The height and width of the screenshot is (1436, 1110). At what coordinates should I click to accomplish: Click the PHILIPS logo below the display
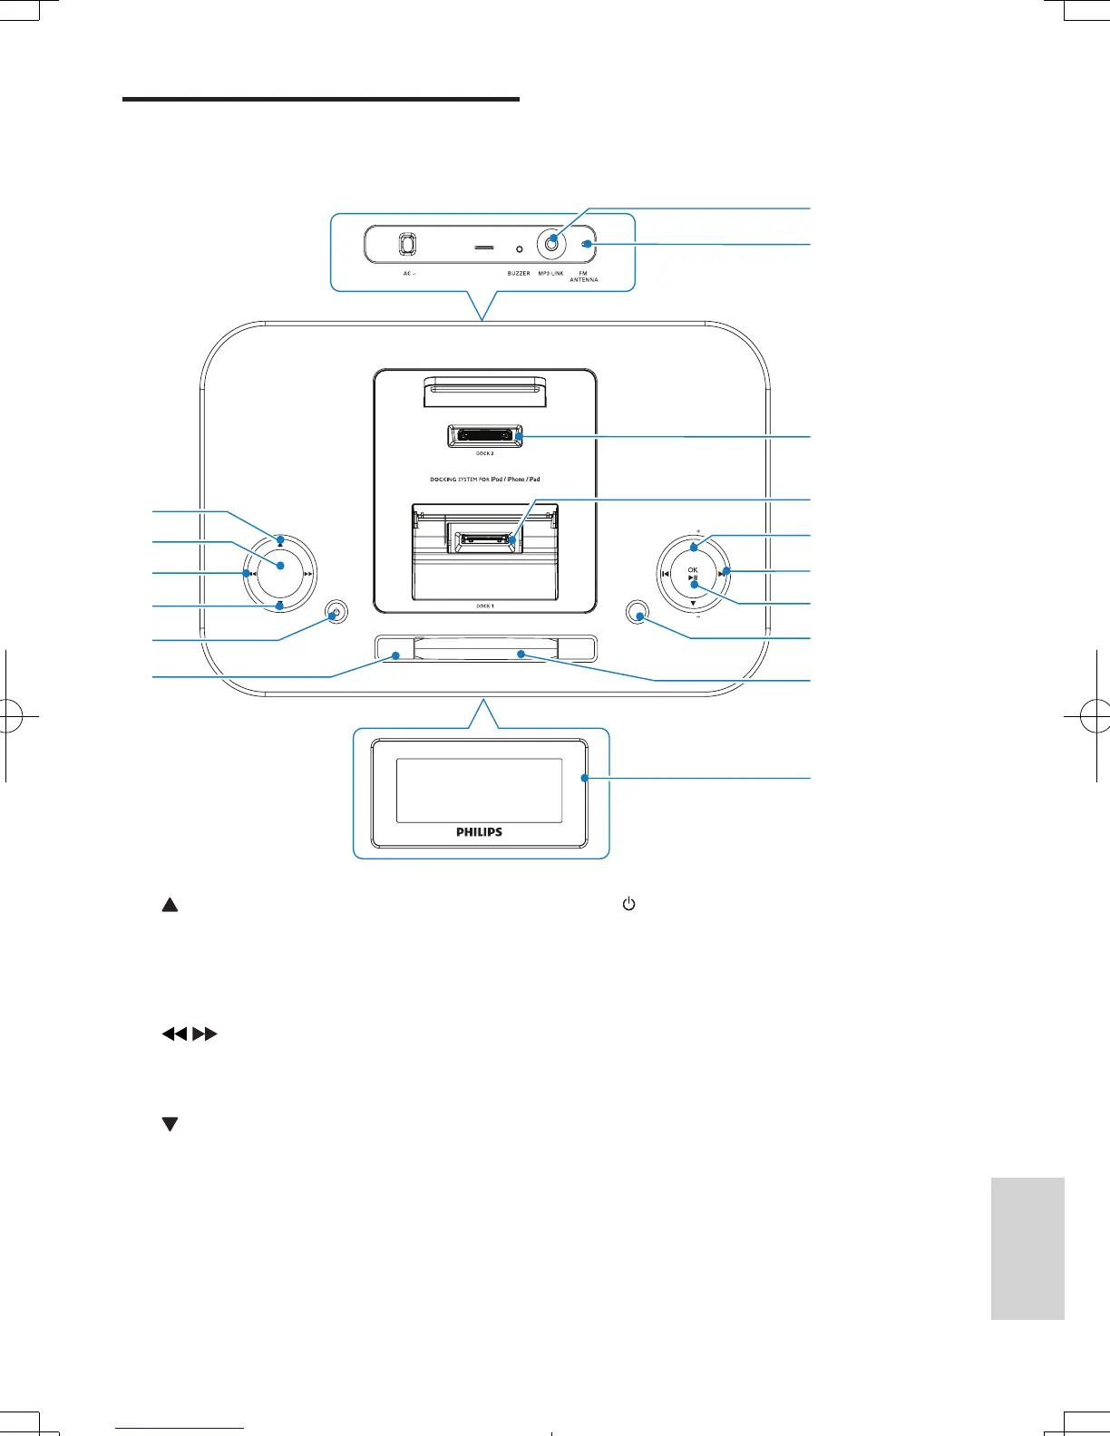click(x=479, y=831)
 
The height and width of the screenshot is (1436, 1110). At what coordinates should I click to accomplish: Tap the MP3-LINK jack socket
click(x=550, y=244)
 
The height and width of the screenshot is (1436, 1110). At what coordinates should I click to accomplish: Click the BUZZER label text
click(x=519, y=273)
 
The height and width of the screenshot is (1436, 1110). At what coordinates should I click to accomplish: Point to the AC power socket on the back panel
click(x=407, y=245)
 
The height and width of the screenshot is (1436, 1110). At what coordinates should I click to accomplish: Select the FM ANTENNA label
click(x=583, y=277)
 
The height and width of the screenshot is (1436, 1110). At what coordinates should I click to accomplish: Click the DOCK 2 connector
click(x=485, y=437)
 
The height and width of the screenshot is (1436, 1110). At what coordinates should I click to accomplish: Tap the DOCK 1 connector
click(x=485, y=540)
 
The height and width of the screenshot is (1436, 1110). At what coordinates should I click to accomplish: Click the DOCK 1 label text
click(x=485, y=606)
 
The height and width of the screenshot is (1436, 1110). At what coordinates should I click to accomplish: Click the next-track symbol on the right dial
click(x=722, y=574)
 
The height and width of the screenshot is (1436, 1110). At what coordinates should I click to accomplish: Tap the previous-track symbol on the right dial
click(x=665, y=574)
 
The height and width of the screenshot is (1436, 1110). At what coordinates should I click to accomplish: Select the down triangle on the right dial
click(x=693, y=603)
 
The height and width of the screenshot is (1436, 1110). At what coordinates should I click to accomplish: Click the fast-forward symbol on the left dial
click(x=308, y=574)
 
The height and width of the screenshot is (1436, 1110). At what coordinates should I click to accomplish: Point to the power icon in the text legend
click(x=628, y=905)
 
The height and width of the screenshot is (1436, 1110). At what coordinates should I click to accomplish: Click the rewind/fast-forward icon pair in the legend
click(x=190, y=1033)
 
